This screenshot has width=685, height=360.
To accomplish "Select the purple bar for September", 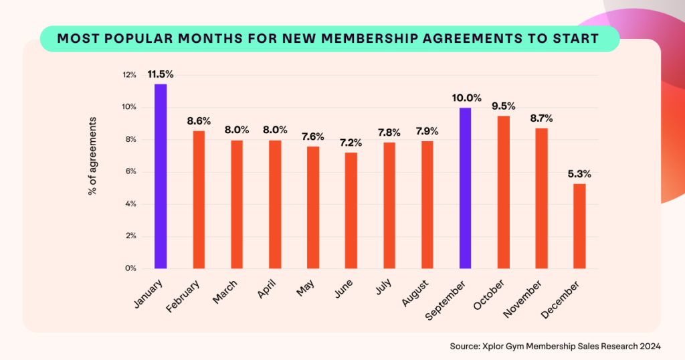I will (465, 188).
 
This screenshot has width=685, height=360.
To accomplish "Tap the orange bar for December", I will (579, 226).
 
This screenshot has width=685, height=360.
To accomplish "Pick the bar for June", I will (351, 211).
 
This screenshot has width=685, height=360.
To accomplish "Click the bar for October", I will (503, 192).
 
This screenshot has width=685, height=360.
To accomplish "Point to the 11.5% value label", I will (161, 74).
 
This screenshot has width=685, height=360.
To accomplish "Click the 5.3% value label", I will (579, 174).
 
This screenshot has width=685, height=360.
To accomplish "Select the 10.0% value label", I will (466, 98).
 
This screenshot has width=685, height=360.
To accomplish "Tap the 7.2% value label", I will (351, 143).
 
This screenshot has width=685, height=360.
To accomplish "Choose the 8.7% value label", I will (541, 118).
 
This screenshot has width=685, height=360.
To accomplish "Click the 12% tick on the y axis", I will (129, 75).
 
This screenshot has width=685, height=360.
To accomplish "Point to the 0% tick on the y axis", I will (131, 268).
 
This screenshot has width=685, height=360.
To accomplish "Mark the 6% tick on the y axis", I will (131, 172).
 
